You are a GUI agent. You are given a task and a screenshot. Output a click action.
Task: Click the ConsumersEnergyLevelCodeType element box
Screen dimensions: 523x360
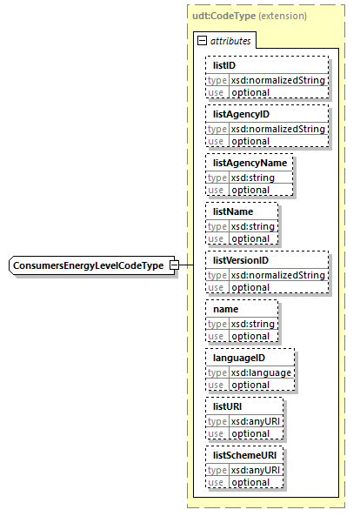point(88,265)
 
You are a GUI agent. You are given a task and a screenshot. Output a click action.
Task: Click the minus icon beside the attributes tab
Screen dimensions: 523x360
point(202,40)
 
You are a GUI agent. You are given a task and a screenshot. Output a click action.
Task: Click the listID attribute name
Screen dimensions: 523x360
point(224,65)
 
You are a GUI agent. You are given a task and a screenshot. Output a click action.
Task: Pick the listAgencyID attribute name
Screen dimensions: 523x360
point(241,114)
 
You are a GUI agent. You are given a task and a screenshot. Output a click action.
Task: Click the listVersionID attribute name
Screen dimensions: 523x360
point(241,260)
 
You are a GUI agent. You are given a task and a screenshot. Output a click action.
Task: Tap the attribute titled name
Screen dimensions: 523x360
point(226,309)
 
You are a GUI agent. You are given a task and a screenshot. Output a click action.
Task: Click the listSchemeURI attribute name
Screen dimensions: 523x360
point(244,455)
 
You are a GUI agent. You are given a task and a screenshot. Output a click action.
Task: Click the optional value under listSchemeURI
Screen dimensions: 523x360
point(250,482)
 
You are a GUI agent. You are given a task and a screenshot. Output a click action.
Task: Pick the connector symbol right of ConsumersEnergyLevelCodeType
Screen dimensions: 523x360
point(175,265)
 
